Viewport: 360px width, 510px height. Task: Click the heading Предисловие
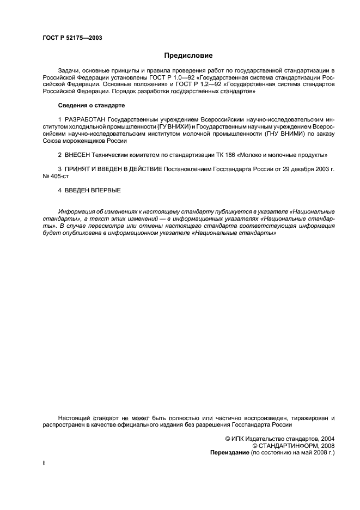click(x=188, y=56)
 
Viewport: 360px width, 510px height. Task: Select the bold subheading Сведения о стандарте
click(x=91, y=105)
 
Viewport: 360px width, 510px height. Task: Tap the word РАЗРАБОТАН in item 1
click(x=86, y=119)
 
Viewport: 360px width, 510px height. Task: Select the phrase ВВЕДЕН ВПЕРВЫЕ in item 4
click(x=93, y=190)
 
